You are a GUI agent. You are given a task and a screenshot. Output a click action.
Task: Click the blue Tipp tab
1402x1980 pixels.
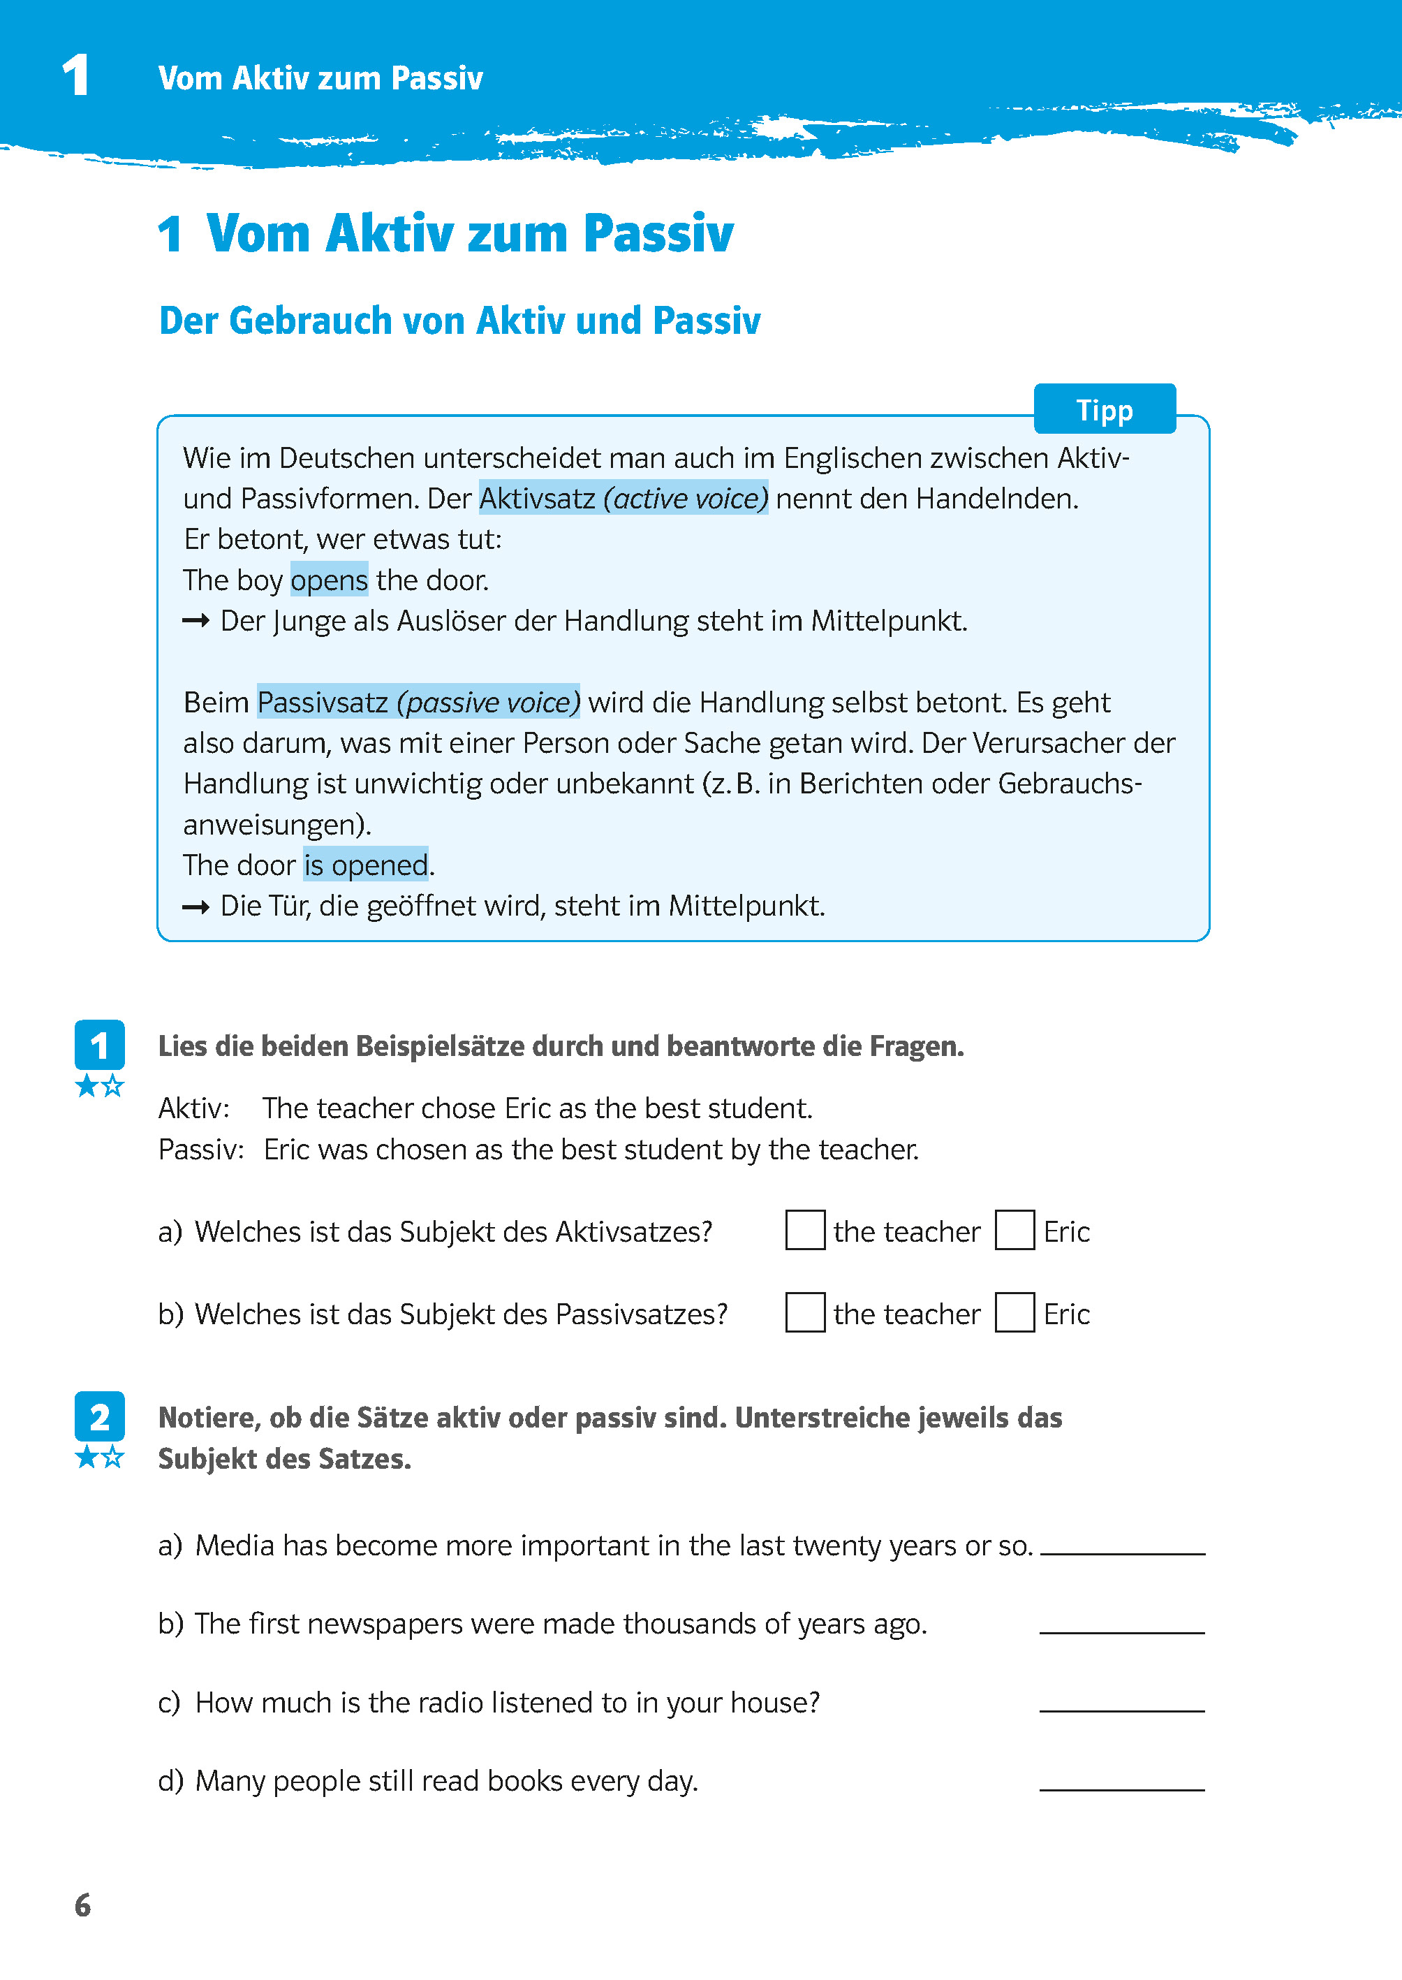(x=1104, y=409)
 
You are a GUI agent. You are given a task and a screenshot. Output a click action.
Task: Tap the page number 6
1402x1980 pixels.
(x=83, y=1904)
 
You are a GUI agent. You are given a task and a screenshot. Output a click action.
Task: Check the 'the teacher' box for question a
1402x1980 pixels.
(x=804, y=1230)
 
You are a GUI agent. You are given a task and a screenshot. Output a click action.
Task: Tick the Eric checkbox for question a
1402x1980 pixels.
(x=1014, y=1230)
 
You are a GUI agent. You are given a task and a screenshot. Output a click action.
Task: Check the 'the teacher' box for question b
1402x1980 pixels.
(x=804, y=1312)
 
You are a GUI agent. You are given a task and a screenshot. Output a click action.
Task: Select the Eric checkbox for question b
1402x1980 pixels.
(x=1014, y=1312)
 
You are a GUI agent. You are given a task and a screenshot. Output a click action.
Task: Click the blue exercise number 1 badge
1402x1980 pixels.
(x=99, y=1045)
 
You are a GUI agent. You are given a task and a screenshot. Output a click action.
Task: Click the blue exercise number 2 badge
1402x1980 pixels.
(x=99, y=1417)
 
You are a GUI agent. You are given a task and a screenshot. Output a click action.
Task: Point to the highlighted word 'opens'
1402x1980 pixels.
(x=329, y=580)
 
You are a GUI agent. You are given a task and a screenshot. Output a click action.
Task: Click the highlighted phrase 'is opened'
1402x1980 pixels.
(x=365, y=865)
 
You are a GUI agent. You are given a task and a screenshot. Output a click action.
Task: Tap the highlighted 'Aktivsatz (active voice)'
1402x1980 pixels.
(x=622, y=498)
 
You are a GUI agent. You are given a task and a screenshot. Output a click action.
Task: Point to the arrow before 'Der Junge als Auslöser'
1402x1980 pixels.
(x=196, y=621)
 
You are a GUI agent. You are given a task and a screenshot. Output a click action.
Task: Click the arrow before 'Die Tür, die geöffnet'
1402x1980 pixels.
(x=196, y=907)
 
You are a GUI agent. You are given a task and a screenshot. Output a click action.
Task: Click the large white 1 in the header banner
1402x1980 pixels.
(x=76, y=75)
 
